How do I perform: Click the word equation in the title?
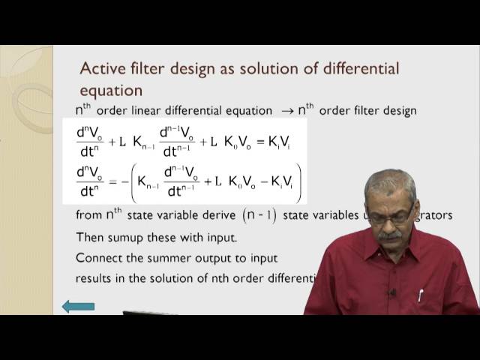111,91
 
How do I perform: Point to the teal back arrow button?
78,306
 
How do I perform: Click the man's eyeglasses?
390,217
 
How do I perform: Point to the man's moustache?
390,235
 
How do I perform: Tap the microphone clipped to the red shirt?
391,292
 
